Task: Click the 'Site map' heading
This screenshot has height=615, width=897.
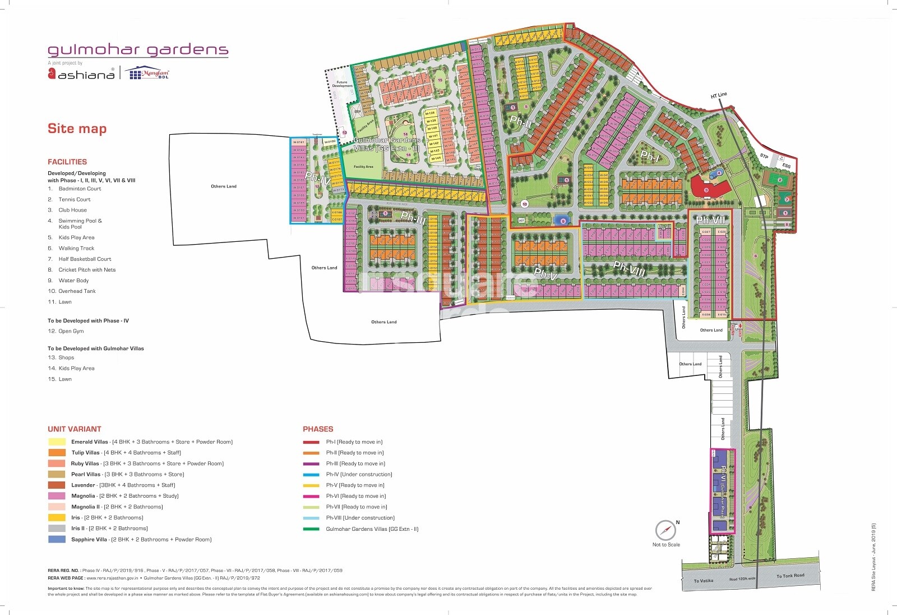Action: click(77, 128)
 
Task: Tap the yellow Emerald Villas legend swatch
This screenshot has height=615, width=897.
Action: click(57, 442)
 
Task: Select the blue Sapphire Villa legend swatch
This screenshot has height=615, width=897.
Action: click(57, 539)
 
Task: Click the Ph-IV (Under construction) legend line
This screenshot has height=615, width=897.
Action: click(311, 475)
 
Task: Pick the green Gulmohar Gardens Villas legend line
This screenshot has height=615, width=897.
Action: click(311, 529)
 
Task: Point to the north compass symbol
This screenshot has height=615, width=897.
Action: click(665, 530)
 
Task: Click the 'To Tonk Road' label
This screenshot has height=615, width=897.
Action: click(790, 576)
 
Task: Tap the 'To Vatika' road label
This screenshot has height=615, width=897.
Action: click(703, 581)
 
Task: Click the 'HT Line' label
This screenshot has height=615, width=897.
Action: click(718, 95)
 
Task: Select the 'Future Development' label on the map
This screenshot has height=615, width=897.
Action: click(342, 84)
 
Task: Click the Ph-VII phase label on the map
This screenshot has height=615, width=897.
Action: click(710, 221)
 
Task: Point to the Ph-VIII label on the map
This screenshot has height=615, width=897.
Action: click(629, 268)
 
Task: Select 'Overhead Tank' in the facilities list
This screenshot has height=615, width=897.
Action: click(77, 291)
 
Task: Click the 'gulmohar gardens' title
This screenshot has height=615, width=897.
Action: click(138, 50)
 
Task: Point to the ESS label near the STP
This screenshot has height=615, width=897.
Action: click(787, 166)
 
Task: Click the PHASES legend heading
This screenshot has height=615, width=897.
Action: click(318, 429)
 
